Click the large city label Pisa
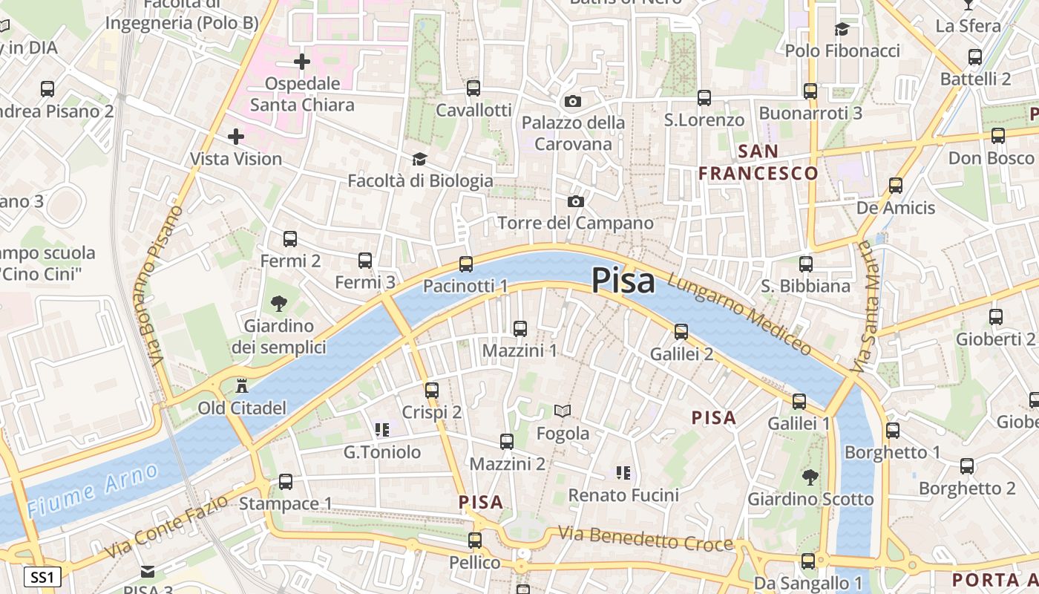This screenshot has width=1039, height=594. tap(623, 281)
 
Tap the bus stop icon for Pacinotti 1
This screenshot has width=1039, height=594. tap(466, 264)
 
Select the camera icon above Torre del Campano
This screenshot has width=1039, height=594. tap(575, 201)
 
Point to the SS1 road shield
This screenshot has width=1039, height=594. tap(42, 577)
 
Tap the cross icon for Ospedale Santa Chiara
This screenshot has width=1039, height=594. tap(302, 62)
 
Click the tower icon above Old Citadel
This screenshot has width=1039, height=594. tap(241, 386)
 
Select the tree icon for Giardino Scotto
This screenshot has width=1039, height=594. tap(810, 477)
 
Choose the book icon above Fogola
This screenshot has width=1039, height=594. tap(563, 411)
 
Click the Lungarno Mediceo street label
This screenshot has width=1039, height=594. tap(739, 314)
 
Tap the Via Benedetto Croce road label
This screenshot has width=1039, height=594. tap(646, 540)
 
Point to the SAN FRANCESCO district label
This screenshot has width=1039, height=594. tap(758, 163)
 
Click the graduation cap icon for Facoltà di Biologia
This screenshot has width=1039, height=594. tap(419, 160)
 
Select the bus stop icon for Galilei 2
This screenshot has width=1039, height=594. tap(681, 332)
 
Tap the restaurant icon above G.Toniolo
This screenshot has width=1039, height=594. tap(382, 430)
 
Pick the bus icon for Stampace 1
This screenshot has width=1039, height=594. tap(286, 482)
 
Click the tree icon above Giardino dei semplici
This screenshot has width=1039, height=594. tap(279, 303)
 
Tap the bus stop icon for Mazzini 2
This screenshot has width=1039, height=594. tap(507, 442)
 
